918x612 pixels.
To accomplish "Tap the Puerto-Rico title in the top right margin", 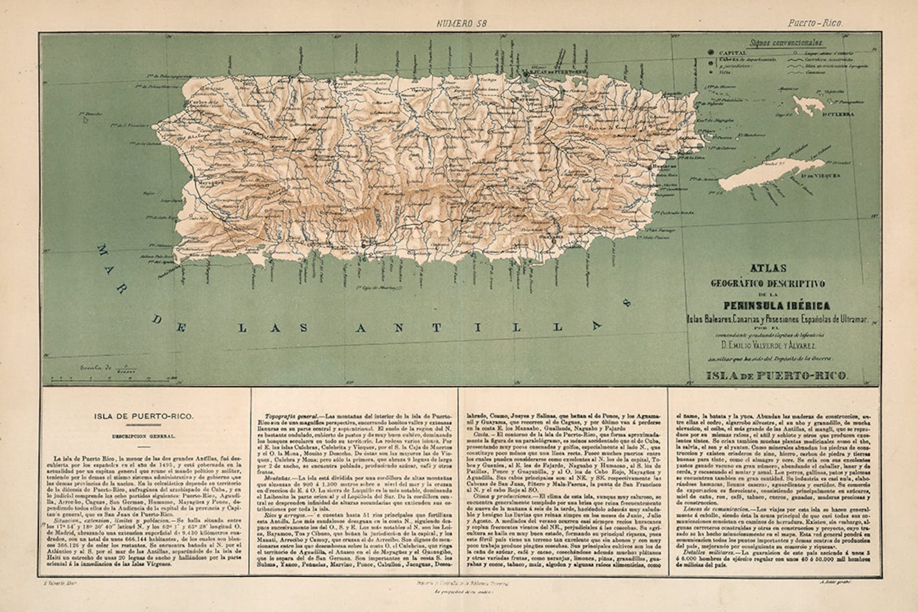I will tap(815, 24).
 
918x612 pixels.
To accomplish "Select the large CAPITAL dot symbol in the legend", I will tap(710, 53).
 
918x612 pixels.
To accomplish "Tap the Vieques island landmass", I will tap(775, 170).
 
